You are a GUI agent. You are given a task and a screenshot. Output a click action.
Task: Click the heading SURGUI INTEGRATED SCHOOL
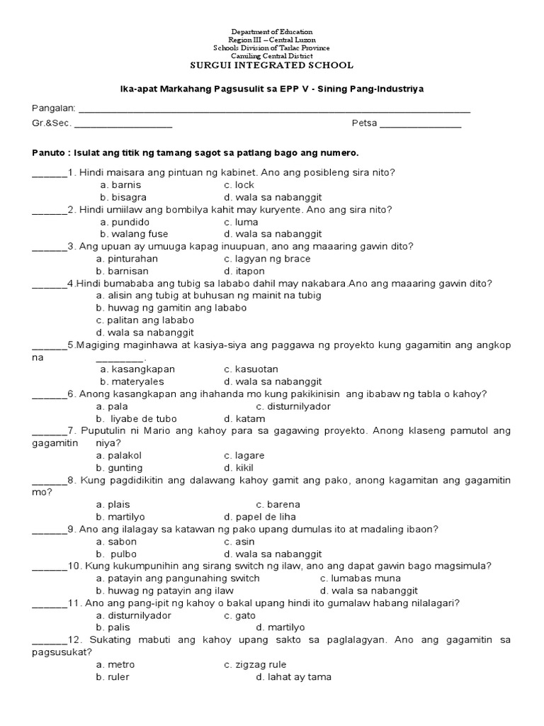[x=272, y=65]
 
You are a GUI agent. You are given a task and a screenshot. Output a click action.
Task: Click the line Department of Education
[x=272, y=33]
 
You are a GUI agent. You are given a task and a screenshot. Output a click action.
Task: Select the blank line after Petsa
[x=421, y=126]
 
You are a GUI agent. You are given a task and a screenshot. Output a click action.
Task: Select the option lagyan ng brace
[x=263, y=259]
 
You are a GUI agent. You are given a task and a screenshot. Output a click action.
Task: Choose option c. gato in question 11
[x=240, y=615]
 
